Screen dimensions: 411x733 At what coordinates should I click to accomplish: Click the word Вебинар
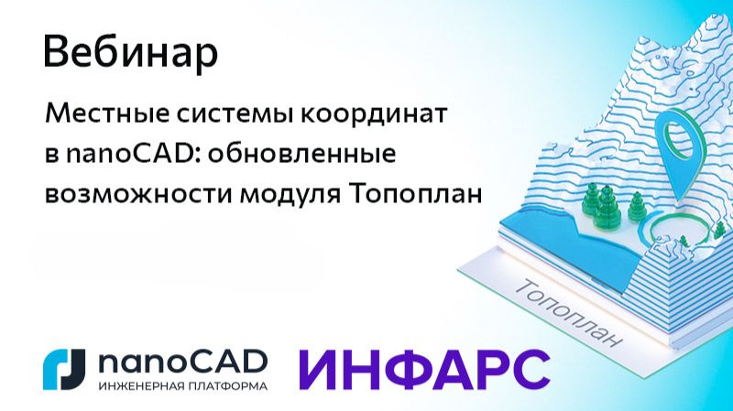click(x=130, y=52)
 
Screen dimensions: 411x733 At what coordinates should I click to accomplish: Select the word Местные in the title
click(x=97, y=117)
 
